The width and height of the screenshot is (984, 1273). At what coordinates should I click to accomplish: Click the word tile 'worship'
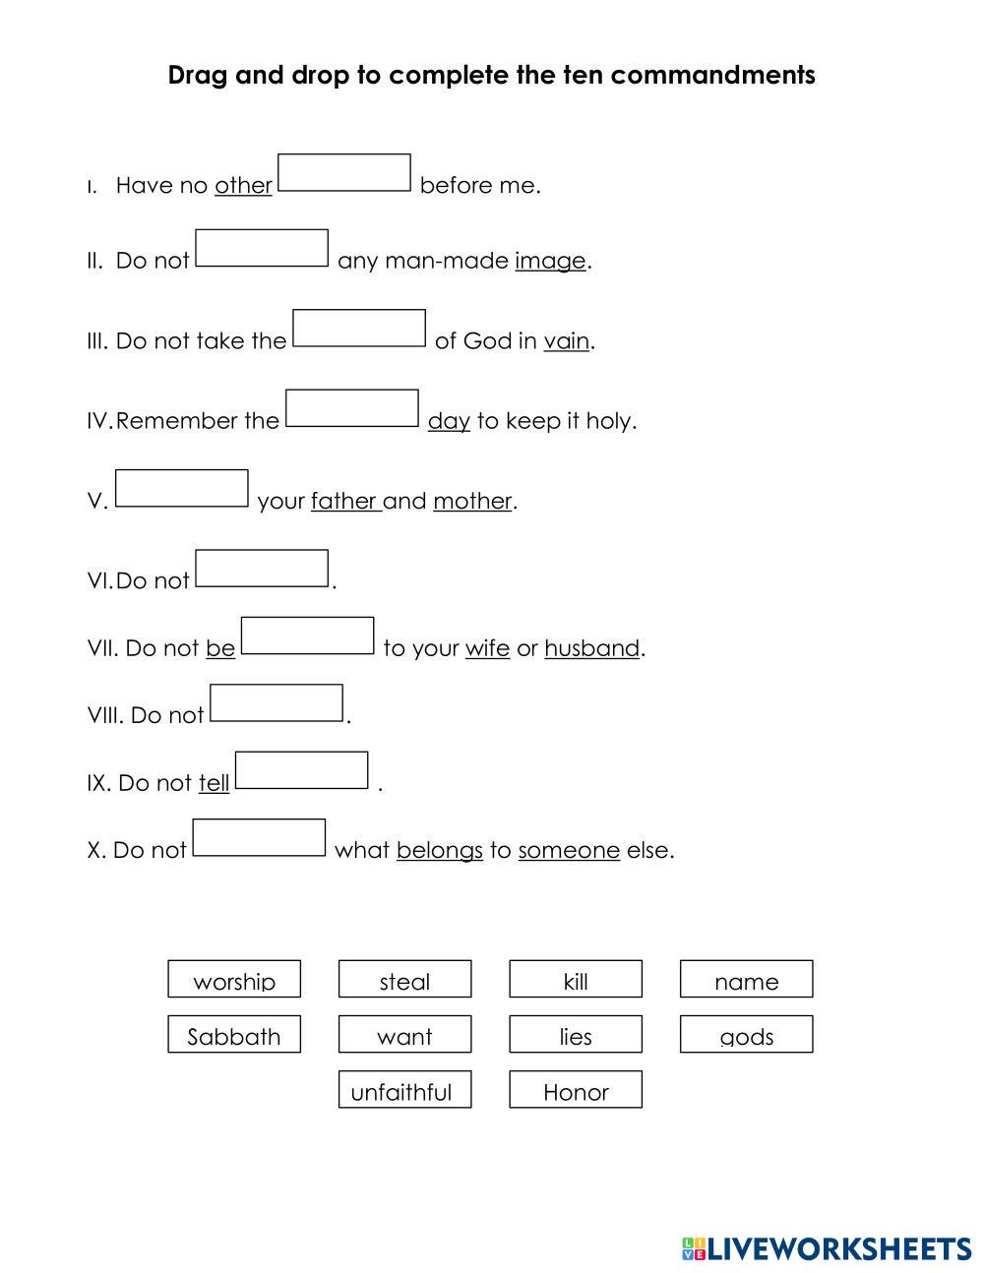[234, 980]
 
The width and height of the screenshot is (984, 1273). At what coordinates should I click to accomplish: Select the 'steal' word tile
[404, 980]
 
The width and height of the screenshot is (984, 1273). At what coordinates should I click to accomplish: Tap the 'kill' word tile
[576, 980]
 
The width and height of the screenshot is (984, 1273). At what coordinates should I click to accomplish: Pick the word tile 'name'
[746, 980]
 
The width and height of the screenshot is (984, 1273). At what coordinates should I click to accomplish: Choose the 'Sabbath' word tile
[234, 1035]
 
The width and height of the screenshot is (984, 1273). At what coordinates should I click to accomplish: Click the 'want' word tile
[404, 1035]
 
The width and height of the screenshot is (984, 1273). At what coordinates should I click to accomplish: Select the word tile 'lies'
[576, 1035]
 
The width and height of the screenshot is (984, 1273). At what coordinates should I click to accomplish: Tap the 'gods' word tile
[746, 1035]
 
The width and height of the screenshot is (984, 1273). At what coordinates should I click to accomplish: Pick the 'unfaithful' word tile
[404, 1090]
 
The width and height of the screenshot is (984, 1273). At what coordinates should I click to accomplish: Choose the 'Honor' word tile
[576, 1090]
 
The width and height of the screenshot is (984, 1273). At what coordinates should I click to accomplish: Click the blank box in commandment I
[344, 173]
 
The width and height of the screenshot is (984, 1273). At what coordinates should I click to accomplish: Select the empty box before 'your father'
[182, 489]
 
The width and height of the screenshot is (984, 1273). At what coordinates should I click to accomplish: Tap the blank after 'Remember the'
[352, 408]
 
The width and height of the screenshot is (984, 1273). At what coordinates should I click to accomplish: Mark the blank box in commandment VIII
[277, 703]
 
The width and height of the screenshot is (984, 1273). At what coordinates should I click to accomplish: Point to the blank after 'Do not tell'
[302, 770]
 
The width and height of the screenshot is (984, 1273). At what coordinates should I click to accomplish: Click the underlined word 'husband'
[591, 648]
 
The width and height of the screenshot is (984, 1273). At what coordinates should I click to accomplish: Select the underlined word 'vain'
[567, 341]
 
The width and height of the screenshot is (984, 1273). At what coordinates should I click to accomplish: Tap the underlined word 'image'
[550, 261]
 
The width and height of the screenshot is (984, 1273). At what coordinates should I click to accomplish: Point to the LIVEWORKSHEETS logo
[827, 1248]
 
